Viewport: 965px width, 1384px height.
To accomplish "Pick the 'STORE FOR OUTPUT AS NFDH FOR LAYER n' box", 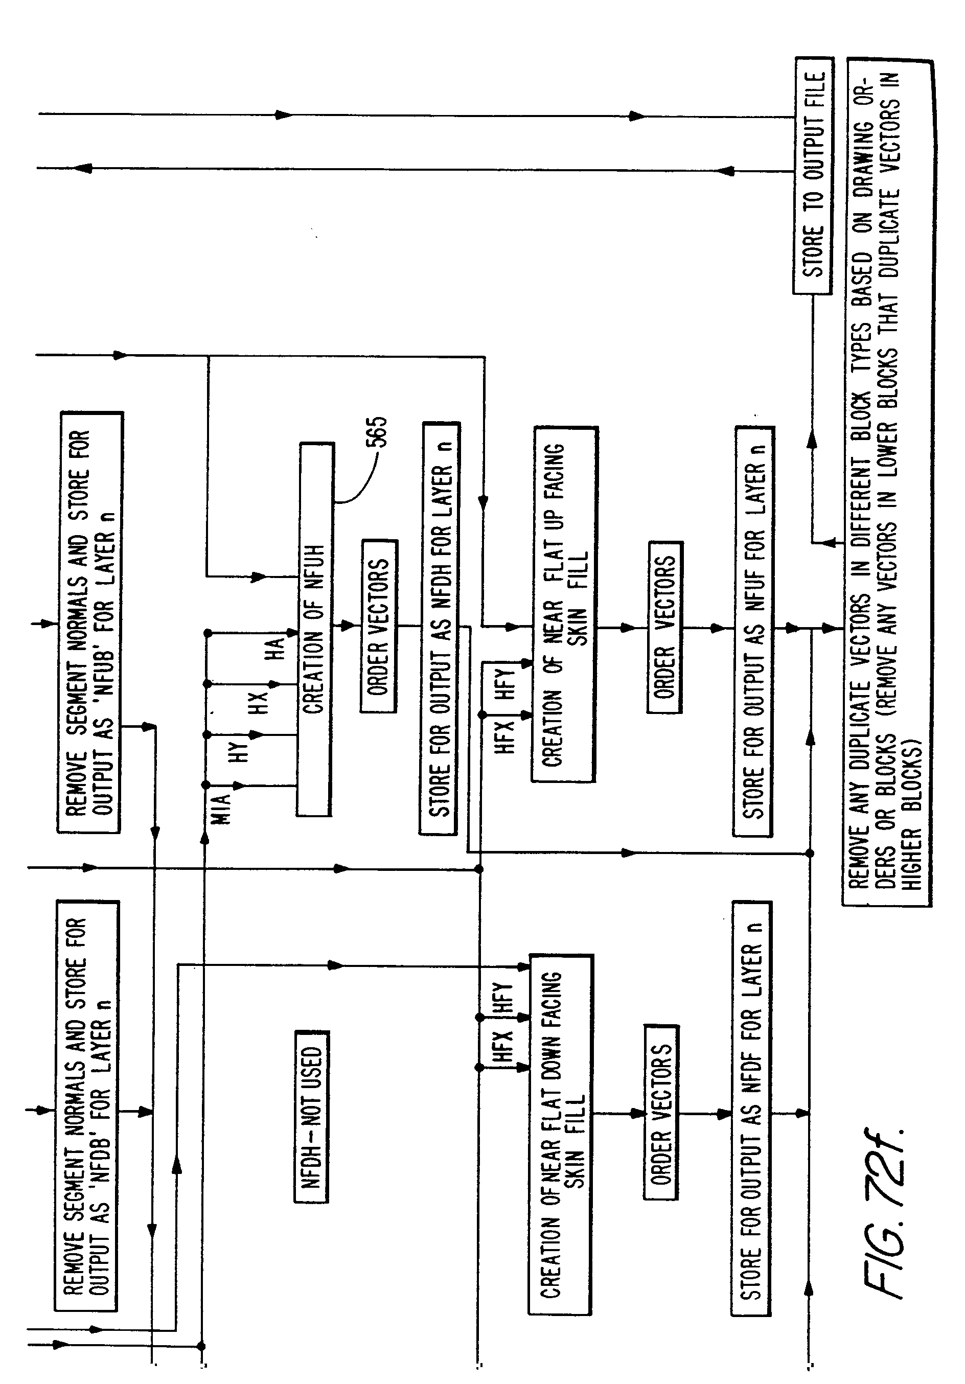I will (x=440, y=628).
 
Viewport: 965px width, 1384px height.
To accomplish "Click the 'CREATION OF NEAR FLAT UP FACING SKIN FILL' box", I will (x=564, y=604).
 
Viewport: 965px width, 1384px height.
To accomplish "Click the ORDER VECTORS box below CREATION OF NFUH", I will (x=379, y=626).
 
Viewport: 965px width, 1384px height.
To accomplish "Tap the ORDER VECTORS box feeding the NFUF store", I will (x=665, y=627).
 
